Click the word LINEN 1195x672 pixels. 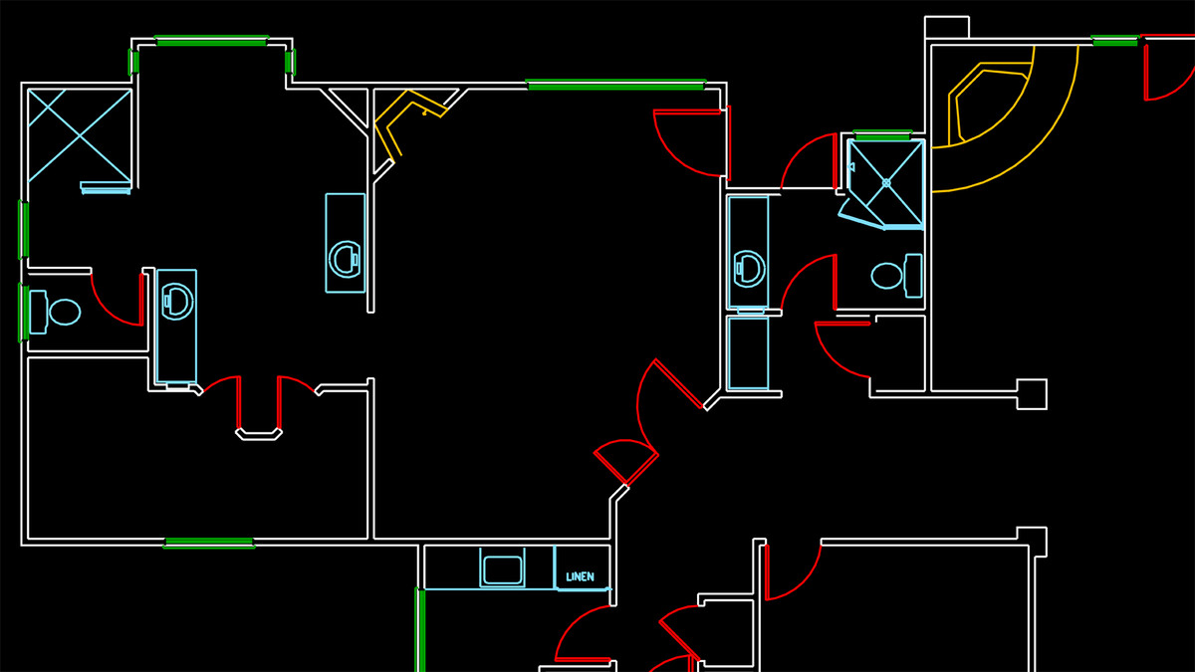[580, 577]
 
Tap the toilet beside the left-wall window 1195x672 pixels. [55, 312]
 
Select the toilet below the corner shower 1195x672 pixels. [897, 276]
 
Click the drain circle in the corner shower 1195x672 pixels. [886, 183]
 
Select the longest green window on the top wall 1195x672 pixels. [615, 85]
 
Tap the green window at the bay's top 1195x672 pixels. [212, 41]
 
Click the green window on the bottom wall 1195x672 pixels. [208, 543]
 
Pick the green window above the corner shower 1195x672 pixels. [882, 135]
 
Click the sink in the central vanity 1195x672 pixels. [346, 259]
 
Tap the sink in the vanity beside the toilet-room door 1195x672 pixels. [176, 302]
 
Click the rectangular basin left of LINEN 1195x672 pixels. [502, 569]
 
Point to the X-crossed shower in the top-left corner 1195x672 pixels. [80, 136]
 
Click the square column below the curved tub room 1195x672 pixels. [1032, 394]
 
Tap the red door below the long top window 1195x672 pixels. [692, 143]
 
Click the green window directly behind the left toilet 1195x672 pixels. [24, 313]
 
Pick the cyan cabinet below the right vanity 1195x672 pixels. [749, 353]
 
